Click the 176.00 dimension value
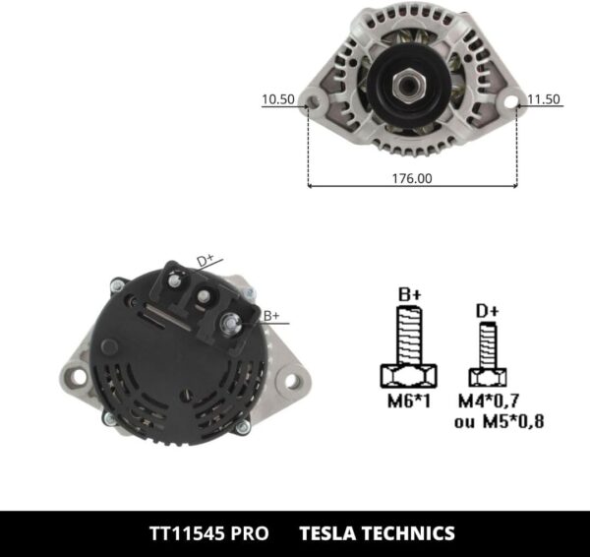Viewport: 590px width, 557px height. pos(411,178)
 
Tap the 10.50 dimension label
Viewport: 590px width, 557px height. pos(277,99)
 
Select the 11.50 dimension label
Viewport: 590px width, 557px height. pos(544,99)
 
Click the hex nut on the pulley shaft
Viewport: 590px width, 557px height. pos(407,86)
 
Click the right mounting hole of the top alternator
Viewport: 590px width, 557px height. pos(512,100)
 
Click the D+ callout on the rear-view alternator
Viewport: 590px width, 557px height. pos(206,260)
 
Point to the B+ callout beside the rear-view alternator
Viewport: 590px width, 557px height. pos(271,315)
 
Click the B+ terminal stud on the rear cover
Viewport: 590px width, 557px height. pos(228,321)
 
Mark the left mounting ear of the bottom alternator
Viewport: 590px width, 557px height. pos(73,375)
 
